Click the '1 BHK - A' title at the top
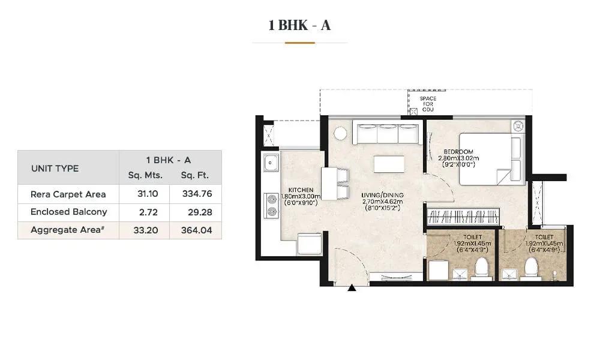(299, 25)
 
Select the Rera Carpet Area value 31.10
(148, 194)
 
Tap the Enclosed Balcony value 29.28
(200, 212)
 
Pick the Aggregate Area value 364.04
(196, 230)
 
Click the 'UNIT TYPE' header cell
(55, 169)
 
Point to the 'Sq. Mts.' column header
(145, 175)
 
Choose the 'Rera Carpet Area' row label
(68, 194)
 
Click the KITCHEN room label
(301, 190)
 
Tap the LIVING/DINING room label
(382, 195)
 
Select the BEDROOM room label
(458, 151)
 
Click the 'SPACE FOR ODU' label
(428, 104)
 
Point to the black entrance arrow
(352, 287)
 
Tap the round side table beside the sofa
(340, 133)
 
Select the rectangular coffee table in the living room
(389, 164)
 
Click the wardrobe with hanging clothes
(463, 217)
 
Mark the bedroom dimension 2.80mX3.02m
(458, 158)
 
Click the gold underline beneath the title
(299, 43)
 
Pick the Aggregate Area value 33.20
(146, 230)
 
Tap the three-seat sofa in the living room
(388, 134)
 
